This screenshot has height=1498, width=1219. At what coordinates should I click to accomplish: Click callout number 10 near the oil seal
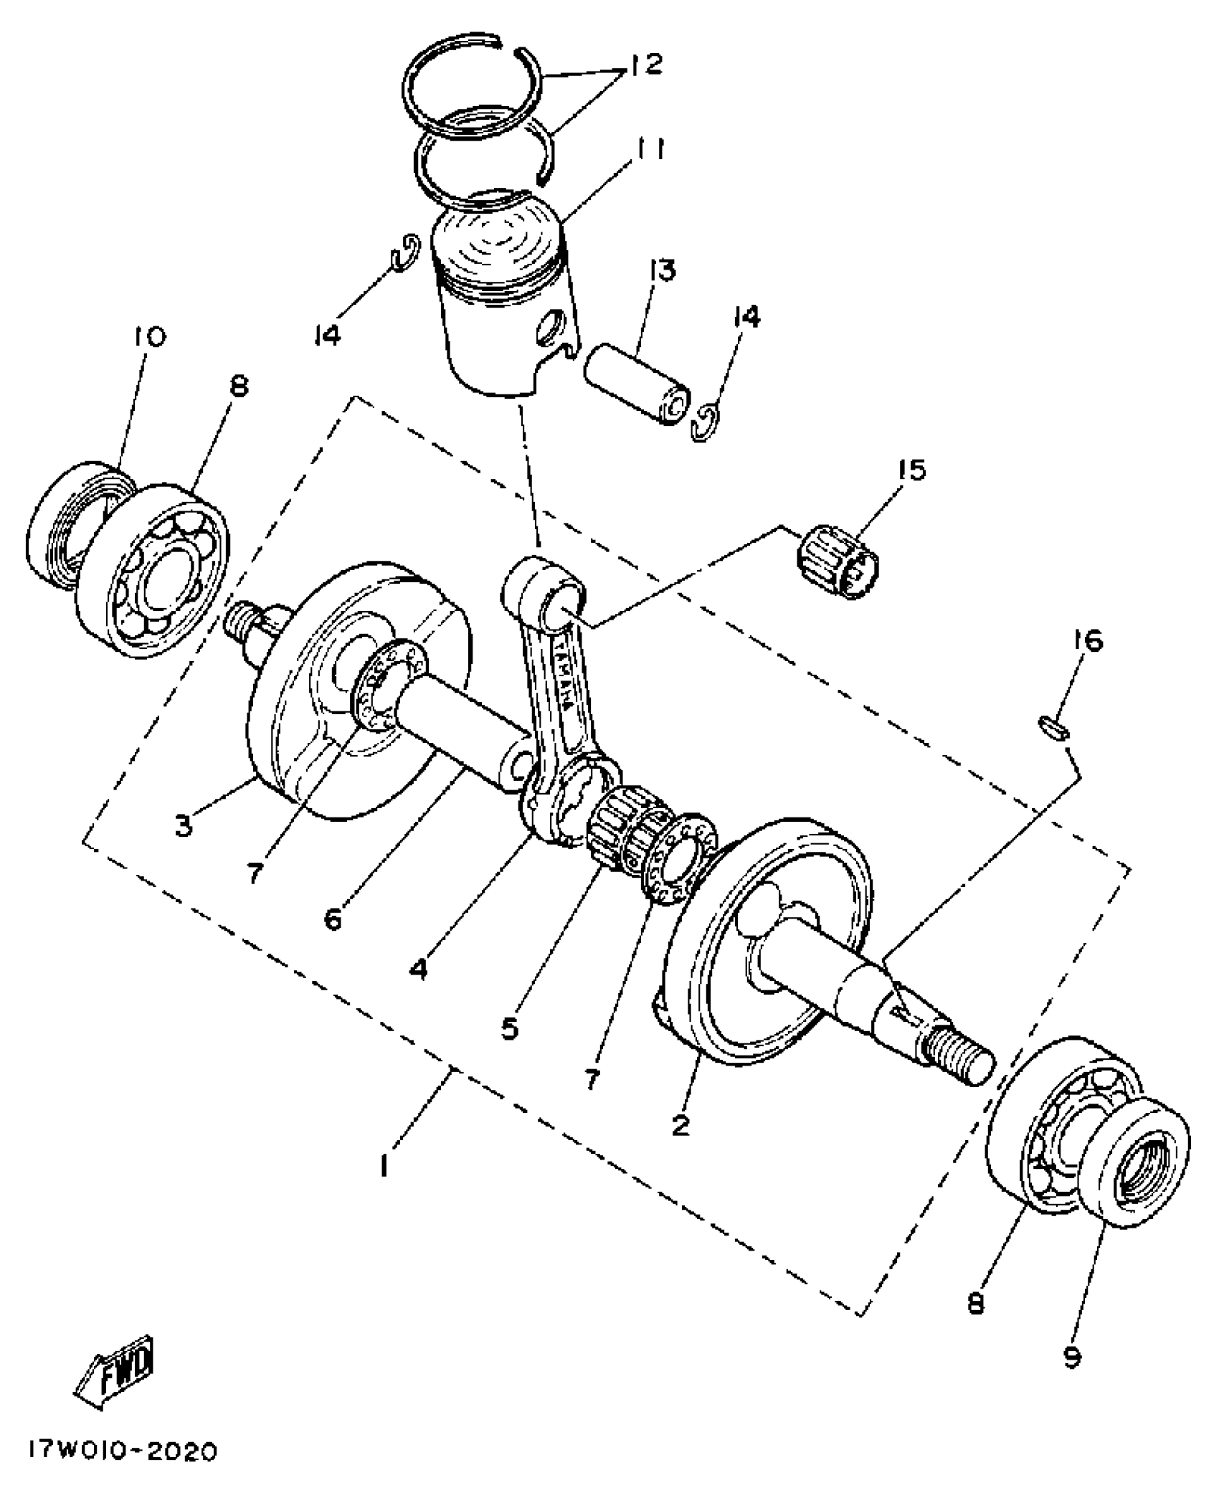tap(149, 336)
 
